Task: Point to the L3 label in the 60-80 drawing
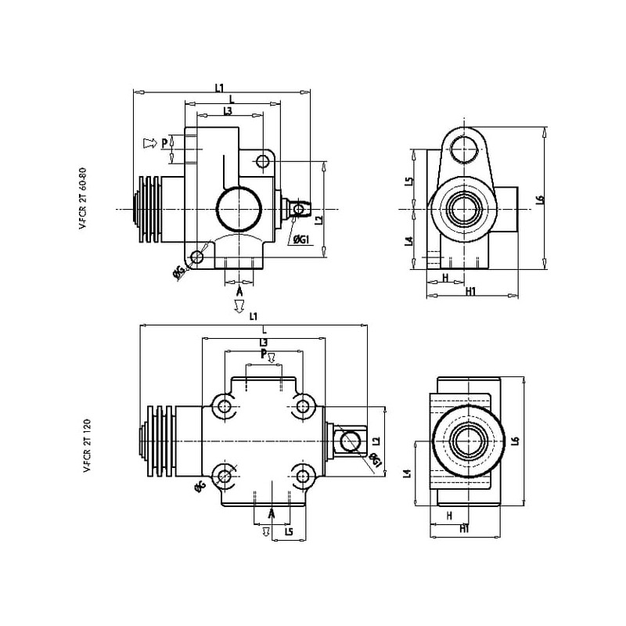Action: [227, 112]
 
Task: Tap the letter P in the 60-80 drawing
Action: [165, 143]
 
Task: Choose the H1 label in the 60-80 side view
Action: [471, 292]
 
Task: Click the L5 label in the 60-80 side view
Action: [408, 182]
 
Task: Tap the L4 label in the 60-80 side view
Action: [408, 241]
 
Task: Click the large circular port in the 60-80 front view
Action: [238, 209]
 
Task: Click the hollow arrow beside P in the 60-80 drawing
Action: [149, 143]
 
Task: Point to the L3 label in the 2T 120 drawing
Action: [263, 343]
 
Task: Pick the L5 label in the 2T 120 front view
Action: [289, 532]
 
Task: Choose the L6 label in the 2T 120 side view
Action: [515, 441]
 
